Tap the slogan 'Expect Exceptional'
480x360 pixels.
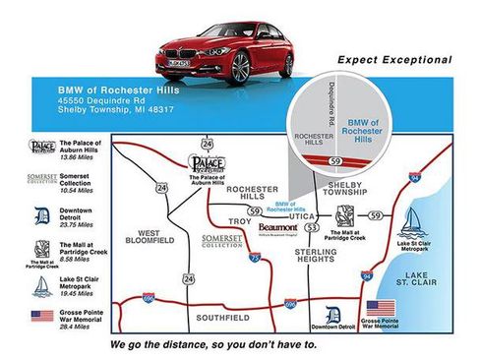click(x=394, y=60)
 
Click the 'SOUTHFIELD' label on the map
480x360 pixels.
click(x=222, y=318)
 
